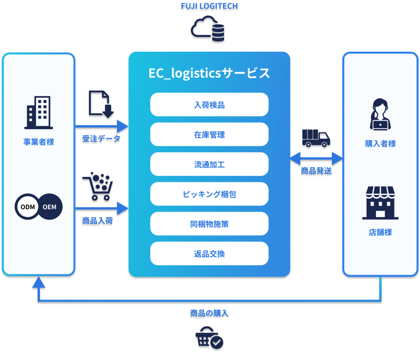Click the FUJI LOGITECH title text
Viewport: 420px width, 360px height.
point(210,6)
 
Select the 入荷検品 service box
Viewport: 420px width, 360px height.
point(209,105)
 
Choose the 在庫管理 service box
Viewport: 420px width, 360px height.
point(209,135)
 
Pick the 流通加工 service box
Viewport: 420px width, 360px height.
point(209,164)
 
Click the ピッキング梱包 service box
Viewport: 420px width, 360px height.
point(209,194)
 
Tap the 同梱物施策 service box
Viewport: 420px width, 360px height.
point(209,224)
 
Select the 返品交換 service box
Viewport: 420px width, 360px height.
point(209,254)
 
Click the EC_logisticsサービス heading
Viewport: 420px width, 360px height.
point(209,73)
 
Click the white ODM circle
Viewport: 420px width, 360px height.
point(27,207)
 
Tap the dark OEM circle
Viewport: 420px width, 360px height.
point(50,207)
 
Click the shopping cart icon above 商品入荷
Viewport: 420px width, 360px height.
point(97,186)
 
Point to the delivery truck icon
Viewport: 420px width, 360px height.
point(316,138)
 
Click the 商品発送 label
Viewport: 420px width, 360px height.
point(316,171)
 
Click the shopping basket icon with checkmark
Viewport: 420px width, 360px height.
point(209,338)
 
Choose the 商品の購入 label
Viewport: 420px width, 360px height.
point(209,313)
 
